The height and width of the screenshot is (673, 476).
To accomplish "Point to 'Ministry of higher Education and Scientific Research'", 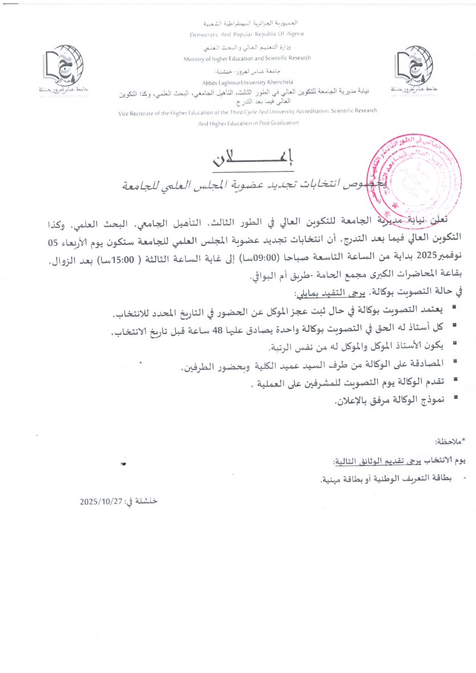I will click(248, 58).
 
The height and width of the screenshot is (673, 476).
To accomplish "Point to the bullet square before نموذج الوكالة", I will click(454, 400).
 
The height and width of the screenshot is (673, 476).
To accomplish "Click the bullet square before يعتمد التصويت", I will click(454, 307).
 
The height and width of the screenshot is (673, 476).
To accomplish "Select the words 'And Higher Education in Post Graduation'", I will click(248, 123).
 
